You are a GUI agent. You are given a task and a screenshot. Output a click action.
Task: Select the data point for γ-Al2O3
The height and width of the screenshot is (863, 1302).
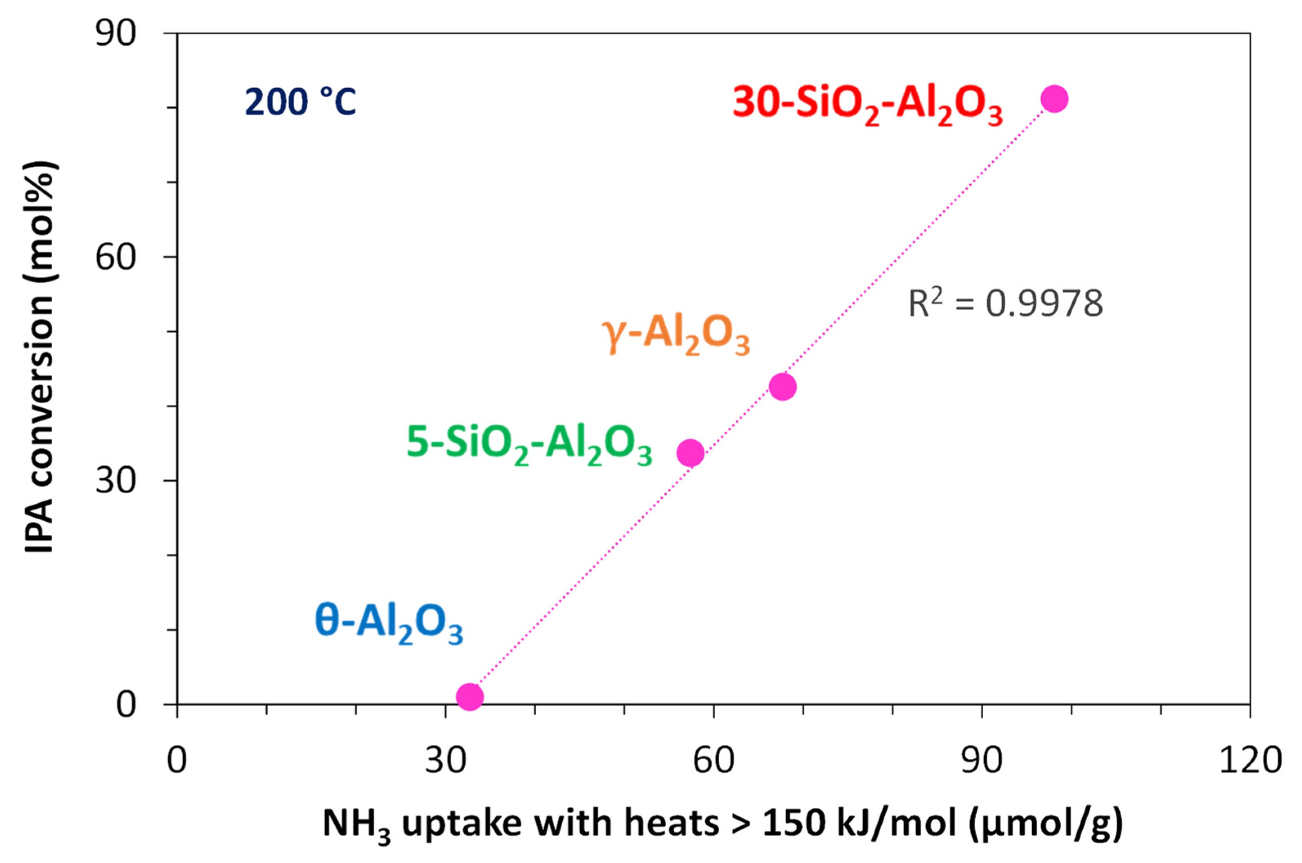pyautogui.click(x=782, y=387)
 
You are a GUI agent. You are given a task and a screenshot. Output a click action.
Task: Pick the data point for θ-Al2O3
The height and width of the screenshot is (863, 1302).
pyautogui.click(x=470, y=697)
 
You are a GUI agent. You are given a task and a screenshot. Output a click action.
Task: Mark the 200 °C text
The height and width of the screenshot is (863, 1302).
pyautogui.click(x=300, y=103)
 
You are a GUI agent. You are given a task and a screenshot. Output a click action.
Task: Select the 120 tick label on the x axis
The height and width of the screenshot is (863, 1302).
pyautogui.click(x=1250, y=760)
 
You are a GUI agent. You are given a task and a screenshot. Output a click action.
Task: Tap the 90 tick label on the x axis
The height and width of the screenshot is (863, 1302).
pyautogui.click(x=982, y=760)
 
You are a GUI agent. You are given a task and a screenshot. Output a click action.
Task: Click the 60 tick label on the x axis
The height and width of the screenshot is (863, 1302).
pyautogui.click(x=714, y=760)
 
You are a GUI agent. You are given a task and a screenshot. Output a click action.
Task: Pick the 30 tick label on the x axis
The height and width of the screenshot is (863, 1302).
pyautogui.click(x=445, y=760)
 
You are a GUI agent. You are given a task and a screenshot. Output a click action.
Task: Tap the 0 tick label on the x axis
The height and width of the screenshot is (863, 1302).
pyautogui.click(x=177, y=760)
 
